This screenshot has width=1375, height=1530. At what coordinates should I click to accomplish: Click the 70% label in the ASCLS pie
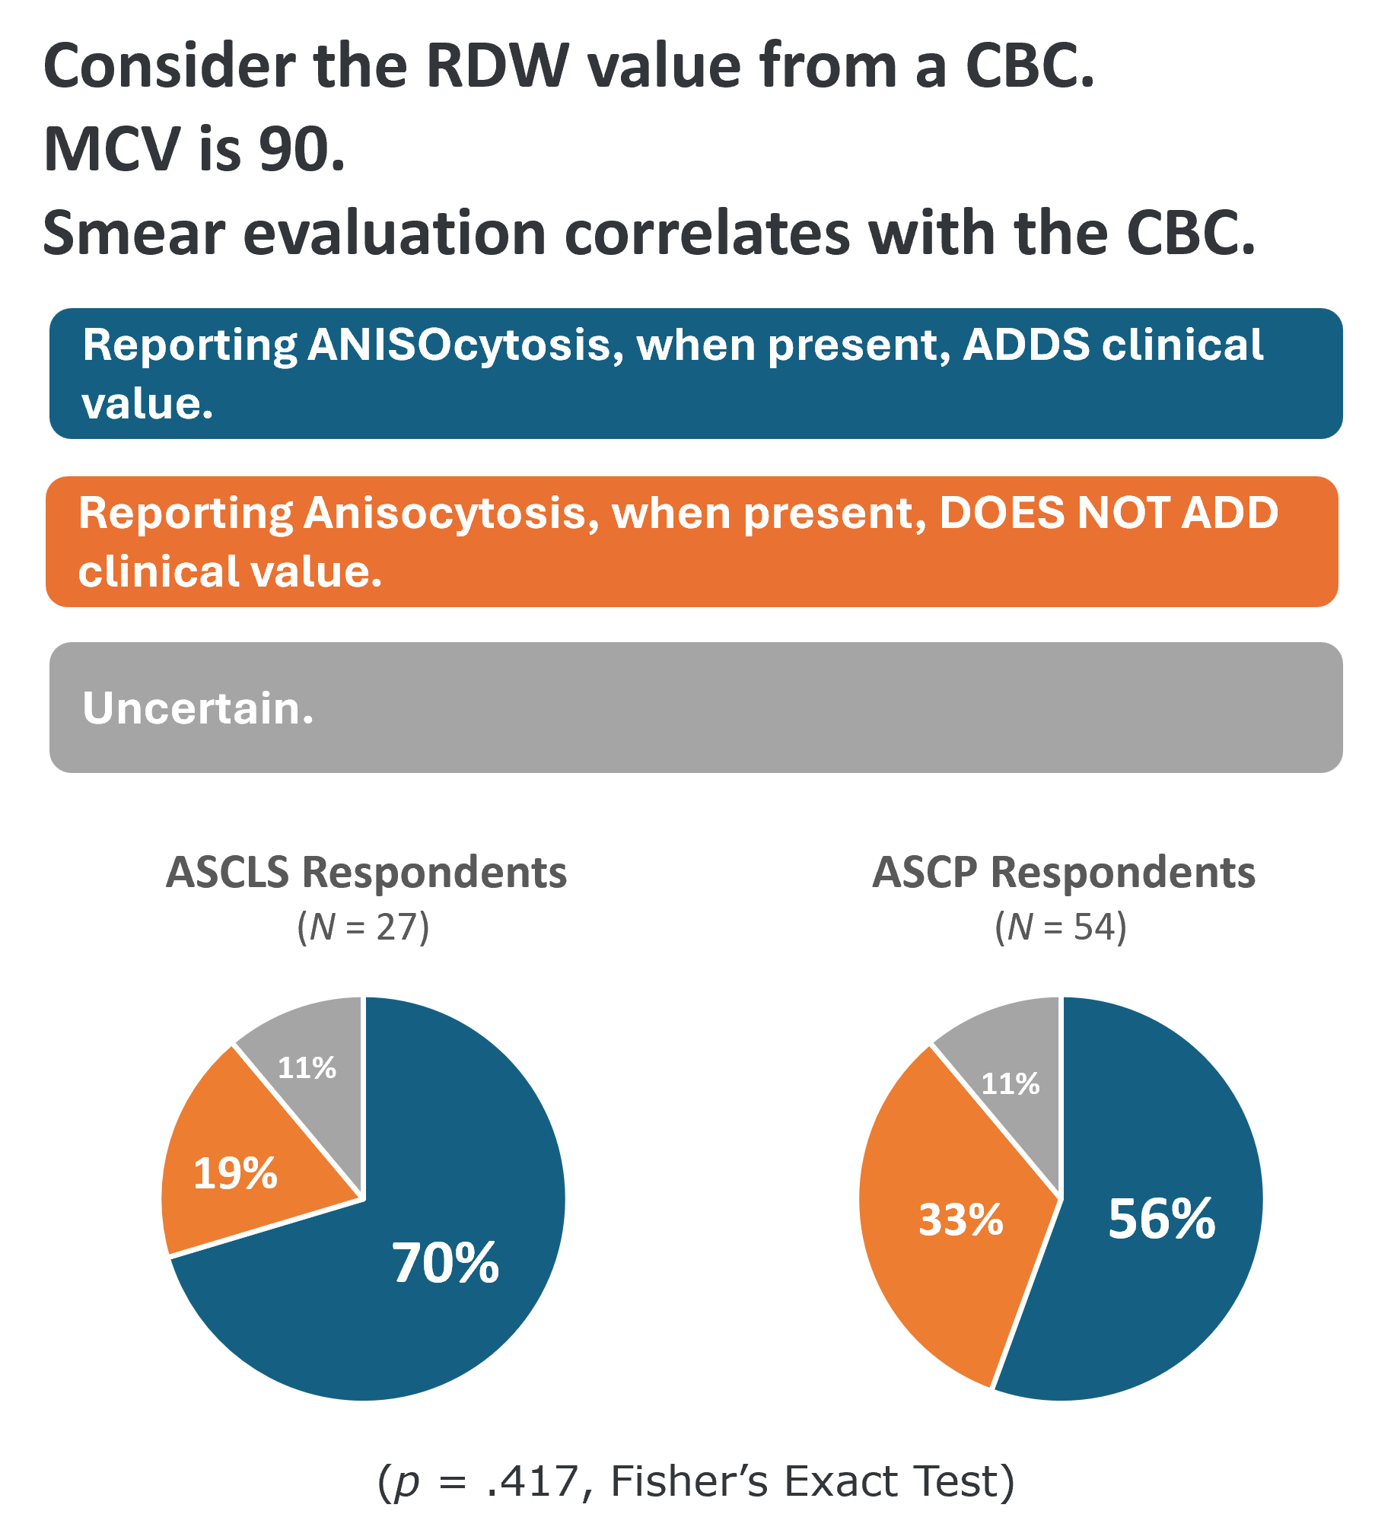445,1264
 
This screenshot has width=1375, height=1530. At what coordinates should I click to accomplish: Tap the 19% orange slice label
235,1173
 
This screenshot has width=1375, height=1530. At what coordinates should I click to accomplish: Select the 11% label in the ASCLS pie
307,1068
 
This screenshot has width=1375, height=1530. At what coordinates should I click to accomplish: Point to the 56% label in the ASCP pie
1161,1219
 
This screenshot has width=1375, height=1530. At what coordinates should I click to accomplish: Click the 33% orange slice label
961,1220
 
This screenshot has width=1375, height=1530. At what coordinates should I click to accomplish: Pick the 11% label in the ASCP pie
1010,1084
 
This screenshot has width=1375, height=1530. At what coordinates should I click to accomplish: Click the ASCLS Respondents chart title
366,872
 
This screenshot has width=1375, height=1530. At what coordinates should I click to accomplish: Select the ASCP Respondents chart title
1063,872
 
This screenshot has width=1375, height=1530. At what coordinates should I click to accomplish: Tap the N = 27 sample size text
363,927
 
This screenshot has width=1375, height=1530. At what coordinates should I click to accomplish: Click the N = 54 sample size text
1061,927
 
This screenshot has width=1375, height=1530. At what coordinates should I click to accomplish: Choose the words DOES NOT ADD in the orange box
1109,513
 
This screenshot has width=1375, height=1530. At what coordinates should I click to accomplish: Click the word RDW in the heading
496,66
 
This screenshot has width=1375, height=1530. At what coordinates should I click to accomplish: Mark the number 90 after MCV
301,149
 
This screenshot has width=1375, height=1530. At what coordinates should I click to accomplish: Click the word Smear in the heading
134,233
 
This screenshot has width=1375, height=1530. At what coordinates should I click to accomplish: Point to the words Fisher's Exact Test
811,1481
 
